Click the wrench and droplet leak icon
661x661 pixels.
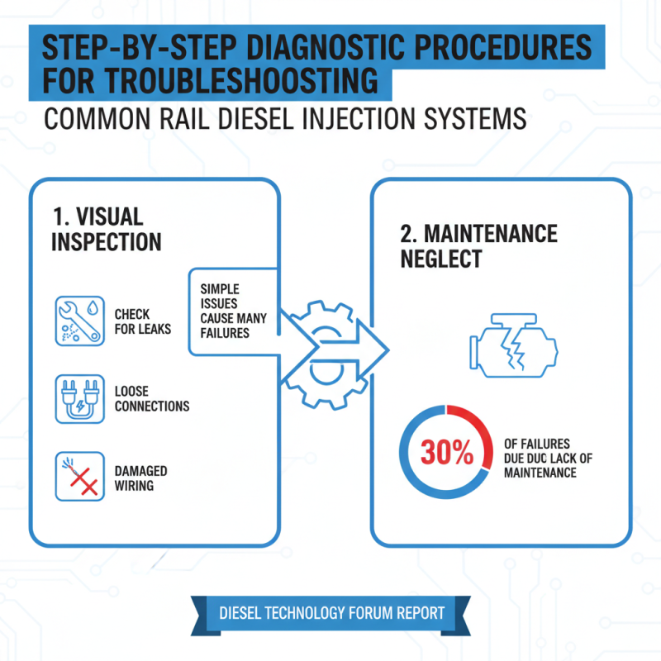[79, 321]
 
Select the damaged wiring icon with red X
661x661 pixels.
[79, 476]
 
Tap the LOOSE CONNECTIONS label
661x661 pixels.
[151, 398]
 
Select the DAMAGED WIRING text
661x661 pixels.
[140, 478]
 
